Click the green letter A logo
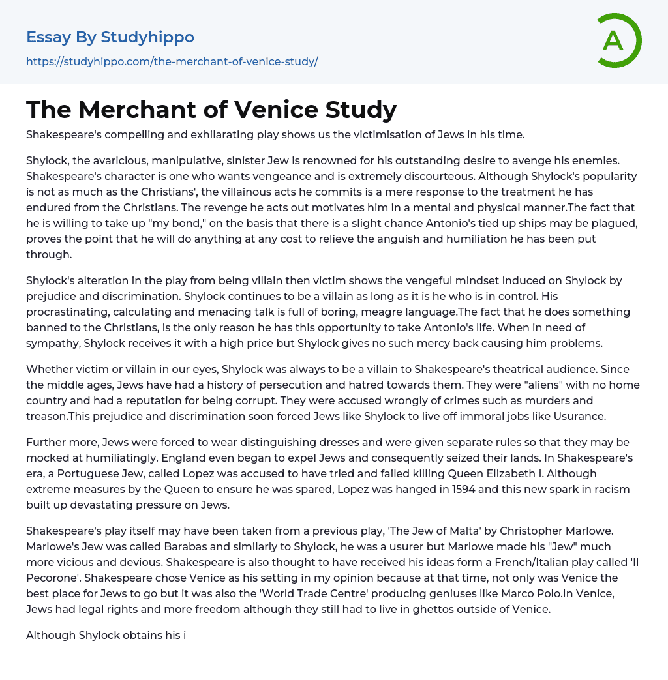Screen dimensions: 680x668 tap(618, 40)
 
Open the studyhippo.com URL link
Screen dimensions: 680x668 tap(172, 62)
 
